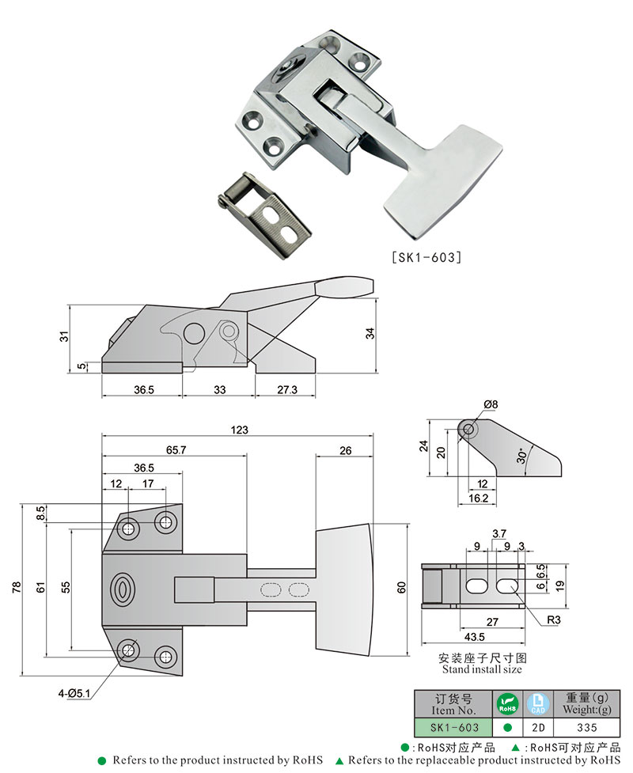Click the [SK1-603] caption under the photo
(426, 256)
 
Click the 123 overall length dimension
(240, 430)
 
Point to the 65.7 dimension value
(174, 449)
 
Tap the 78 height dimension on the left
(18, 589)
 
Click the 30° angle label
(521, 457)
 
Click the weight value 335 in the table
(586, 727)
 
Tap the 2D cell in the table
(537, 727)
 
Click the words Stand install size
(481, 669)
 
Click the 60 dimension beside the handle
(401, 588)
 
